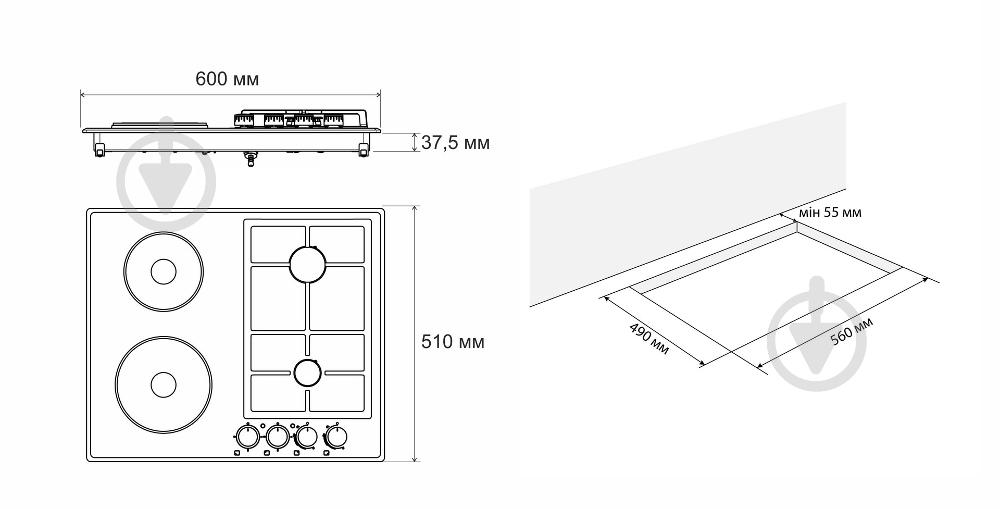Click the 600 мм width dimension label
[x=227, y=79]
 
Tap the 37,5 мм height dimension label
[x=455, y=142]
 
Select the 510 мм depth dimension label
[x=453, y=342]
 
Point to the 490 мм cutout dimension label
[x=648, y=339]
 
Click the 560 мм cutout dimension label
[x=852, y=332]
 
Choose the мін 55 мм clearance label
[x=830, y=213]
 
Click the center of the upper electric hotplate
[x=164, y=271]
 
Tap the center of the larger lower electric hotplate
[x=164, y=384]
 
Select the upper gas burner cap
[x=308, y=264]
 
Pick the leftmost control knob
[x=247, y=437]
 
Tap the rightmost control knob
[x=336, y=437]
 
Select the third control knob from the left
[x=306, y=437]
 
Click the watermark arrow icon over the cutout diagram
[x=817, y=334]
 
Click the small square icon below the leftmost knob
[x=238, y=453]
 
